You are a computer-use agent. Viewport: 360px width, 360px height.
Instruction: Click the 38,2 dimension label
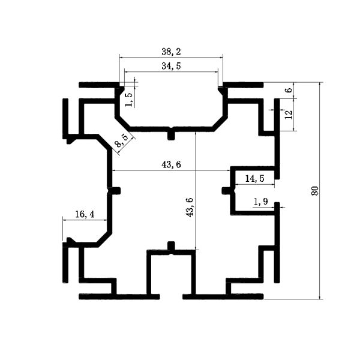pos(171,52)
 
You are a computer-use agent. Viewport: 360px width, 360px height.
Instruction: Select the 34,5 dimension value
pos(171,66)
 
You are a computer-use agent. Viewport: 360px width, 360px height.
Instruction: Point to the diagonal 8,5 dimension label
pos(122,141)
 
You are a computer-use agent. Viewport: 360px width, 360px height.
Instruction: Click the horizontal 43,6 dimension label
pos(171,164)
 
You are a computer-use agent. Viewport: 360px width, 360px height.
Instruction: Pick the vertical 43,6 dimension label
pos(190,207)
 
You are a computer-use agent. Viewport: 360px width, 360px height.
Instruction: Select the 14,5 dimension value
pos(254,178)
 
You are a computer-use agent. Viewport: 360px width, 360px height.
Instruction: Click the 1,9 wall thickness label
pos(261,202)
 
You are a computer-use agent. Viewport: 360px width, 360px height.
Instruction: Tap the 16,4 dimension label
pos(85,214)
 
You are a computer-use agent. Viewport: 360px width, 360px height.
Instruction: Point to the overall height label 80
pos(315,191)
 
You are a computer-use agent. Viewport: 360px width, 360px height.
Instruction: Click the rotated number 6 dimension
pos(290,89)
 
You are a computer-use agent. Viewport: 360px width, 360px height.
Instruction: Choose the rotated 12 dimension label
pos(289,115)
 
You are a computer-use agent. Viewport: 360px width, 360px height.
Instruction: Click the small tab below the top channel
pos(171,136)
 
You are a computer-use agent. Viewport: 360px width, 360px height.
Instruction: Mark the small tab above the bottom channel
pos(171,246)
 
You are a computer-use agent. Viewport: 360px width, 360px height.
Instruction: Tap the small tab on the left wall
pos(116,191)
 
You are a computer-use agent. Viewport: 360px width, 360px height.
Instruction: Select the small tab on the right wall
pos(226,191)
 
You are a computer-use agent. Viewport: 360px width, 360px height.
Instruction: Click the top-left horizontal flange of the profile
pos(99,85)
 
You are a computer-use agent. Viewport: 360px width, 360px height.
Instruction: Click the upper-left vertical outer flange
pos(65,119)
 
